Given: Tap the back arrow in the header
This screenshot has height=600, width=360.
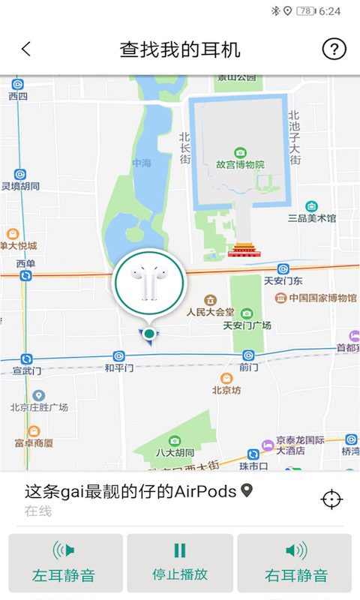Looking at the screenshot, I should click(x=26, y=49).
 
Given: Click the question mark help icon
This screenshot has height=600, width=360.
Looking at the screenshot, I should click(x=334, y=49).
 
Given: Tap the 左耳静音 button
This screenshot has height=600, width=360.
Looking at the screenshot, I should click(x=65, y=563).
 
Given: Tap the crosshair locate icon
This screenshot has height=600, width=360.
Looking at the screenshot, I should click(x=331, y=499).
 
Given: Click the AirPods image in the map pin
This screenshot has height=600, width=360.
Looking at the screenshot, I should click(x=149, y=285).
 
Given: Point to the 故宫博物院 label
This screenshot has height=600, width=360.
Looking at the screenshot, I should click(x=240, y=163).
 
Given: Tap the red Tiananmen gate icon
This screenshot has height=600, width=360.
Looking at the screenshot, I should click(x=242, y=250).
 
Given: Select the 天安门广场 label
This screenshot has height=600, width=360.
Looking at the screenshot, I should click(x=247, y=325).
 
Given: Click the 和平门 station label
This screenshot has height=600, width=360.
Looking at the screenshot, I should click(x=119, y=367).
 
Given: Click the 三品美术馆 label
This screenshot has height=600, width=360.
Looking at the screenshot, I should click(x=312, y=218).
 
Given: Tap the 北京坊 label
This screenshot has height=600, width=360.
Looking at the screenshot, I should click(x=226, y=390).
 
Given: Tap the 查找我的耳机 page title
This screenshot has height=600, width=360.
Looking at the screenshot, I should click(x=180, y=49).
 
